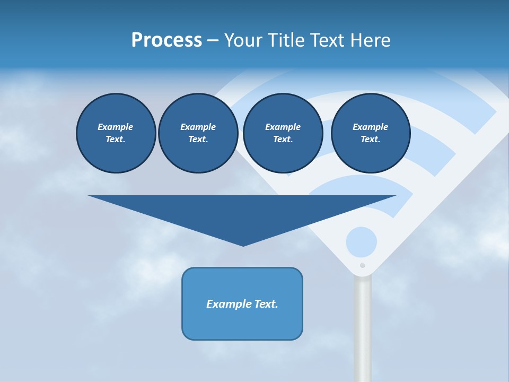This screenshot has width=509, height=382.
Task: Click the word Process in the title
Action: tap(166, 40)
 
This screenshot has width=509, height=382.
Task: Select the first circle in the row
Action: tap(116, 133)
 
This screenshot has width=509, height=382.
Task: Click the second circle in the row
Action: tap(198, 133)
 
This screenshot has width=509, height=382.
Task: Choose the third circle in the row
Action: tap(283, 133)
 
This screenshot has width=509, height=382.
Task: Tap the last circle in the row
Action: tap(370, 133)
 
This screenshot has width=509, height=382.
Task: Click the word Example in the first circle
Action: tap(116, 127)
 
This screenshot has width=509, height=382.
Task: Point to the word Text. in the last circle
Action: tap(370, 139)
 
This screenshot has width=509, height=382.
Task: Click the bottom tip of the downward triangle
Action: tap(243, 244)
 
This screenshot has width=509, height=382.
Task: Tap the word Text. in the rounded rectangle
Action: tap(265, 304)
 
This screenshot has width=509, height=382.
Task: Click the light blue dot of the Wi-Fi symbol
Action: tap(361, 242)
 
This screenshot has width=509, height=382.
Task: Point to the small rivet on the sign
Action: tap(363, 265)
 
